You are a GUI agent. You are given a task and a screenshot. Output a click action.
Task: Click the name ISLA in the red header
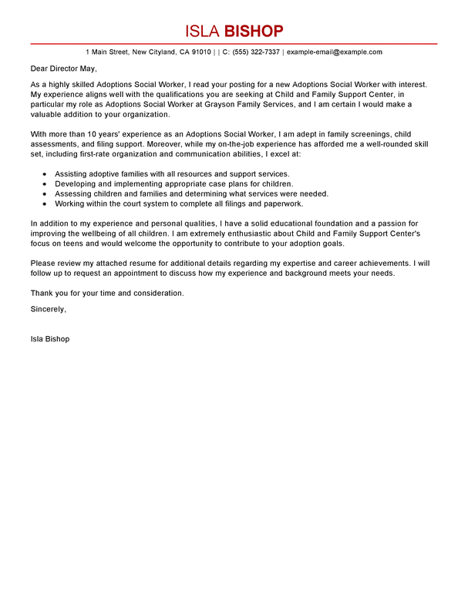click(202, 31)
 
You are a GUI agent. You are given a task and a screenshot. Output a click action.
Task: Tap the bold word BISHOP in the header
click(254, 31)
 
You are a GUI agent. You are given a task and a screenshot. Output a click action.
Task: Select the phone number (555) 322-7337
click(257, 52)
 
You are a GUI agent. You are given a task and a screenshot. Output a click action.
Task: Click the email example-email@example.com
click(334, 52)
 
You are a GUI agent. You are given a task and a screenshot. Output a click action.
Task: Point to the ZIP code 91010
click(200, 52)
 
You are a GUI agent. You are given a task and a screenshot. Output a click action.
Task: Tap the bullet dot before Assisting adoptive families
click(45, 174)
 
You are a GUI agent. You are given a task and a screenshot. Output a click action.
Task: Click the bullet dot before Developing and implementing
click(45, 184)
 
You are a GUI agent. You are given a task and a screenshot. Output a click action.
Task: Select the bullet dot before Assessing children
click(45, 194)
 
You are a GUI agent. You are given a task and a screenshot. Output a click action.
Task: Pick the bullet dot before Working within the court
click(45, 204)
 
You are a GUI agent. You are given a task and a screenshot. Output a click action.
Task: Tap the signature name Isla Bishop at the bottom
click(50, 338)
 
